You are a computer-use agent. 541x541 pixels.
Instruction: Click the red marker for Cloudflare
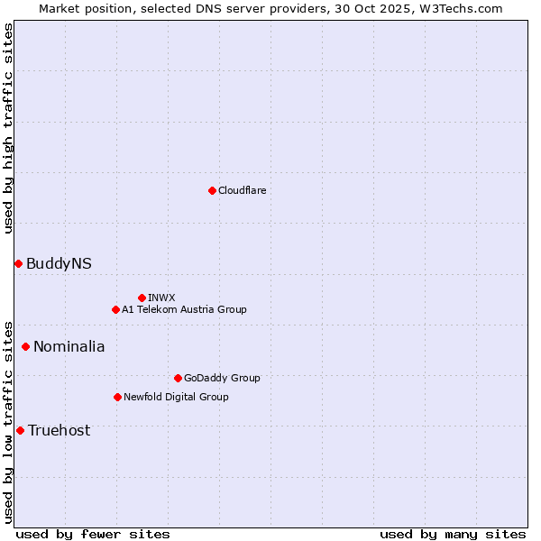[212, 190]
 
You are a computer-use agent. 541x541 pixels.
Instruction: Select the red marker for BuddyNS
[18, 263]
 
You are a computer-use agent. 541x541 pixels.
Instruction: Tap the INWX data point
[142, 298]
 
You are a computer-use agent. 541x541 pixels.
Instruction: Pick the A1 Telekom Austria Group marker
[115, 309]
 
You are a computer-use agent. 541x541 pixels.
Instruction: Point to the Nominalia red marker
[25, 346]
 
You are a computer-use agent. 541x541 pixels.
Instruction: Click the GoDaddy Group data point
[178, 378]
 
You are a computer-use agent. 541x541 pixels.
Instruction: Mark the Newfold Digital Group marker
[117, 397]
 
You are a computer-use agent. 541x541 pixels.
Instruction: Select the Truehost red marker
[20, 430]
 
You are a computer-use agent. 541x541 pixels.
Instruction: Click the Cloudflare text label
[242, 190]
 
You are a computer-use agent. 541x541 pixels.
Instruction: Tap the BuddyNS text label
[59, 263]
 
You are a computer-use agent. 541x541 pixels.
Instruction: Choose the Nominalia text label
[69, 346]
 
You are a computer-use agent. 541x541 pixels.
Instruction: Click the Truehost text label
[59, 430]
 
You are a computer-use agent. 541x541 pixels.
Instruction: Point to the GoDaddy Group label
[221, 378]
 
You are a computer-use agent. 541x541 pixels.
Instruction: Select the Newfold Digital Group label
[176, 397]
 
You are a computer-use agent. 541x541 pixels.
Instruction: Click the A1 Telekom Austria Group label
[184, 309]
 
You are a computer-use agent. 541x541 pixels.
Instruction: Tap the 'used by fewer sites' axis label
[93, 534]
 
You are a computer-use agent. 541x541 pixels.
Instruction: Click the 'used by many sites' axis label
[453, 534]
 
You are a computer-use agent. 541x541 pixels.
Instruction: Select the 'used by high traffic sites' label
[8, 128]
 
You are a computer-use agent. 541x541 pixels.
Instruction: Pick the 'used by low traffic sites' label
[8, 421]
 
